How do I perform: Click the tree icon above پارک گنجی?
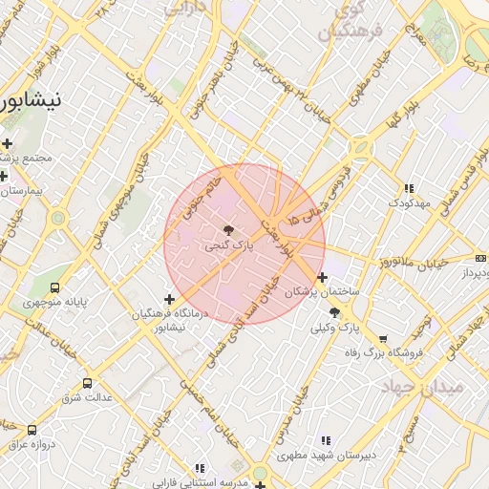[227, 230]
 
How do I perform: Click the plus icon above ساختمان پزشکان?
[323, 277]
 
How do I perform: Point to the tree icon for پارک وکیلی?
[334, 311]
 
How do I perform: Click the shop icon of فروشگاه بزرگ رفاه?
[383, 339]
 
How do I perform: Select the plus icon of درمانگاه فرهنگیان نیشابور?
[170, 300]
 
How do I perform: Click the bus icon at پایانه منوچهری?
[54, 287]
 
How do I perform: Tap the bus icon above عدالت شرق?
[88, 383]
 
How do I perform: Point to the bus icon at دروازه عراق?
[32, 431]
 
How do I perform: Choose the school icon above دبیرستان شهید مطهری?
[325, 440]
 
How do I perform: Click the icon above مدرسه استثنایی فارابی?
[199, 469]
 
